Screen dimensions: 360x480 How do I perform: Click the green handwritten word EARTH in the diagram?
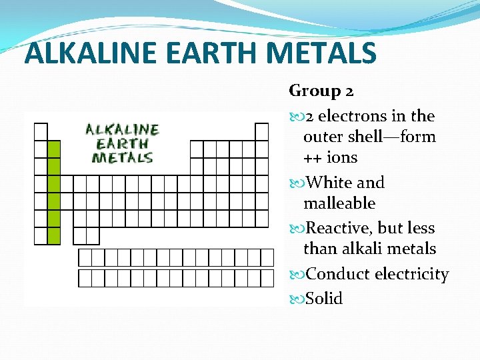[122, 143]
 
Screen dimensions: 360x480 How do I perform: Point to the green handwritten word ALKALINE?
[122, 129]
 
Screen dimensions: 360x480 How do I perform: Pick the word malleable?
[339, 203]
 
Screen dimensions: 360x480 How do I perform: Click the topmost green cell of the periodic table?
[54, 149]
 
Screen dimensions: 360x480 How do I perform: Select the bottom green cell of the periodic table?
[54, 235]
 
